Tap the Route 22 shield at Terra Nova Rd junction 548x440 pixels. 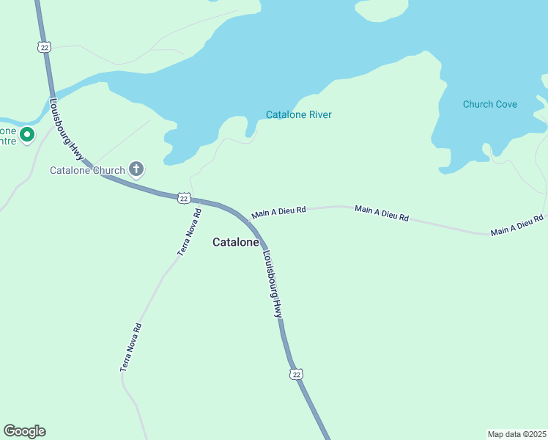(184, 198)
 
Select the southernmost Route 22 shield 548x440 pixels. (296, 374)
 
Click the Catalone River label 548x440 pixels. (298, 115)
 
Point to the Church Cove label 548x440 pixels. (489, 104)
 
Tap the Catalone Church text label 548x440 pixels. (87, 171)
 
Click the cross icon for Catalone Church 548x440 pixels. (136, 169)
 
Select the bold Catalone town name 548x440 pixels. (235, 242)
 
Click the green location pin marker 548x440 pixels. (27, 135)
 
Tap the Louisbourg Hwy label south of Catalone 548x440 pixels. (273, 285)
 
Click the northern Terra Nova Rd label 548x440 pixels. (189, 232)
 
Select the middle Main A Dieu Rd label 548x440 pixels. (382, 213)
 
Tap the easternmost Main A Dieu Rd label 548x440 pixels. (517, 225)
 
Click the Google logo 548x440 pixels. (24, 431)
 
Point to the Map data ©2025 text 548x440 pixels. (516, 433)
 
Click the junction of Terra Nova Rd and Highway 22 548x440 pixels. (199, 201)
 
